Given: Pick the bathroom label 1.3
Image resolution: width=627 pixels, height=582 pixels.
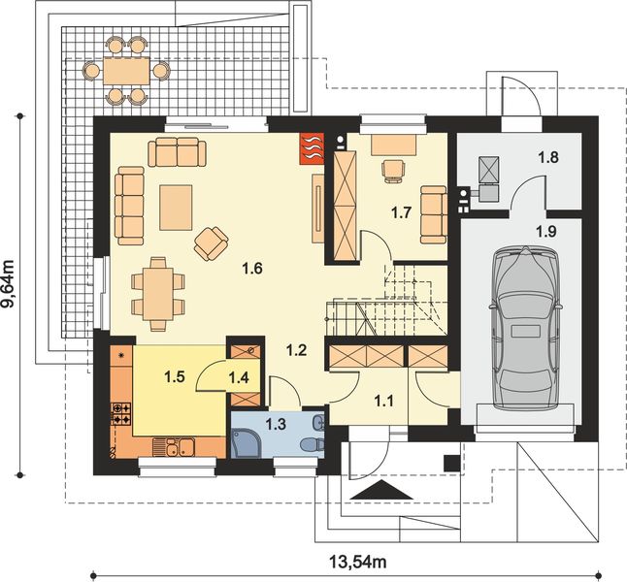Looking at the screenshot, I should [x=276, y=423].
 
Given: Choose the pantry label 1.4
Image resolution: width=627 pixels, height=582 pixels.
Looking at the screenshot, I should [x=239, y=379].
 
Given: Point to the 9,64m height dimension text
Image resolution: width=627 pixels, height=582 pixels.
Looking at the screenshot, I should [x=11, y=281].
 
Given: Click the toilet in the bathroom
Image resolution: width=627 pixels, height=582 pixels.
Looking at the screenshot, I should [x=311, y=442].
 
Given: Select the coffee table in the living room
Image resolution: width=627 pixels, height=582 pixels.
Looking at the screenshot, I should [x=177, y=206].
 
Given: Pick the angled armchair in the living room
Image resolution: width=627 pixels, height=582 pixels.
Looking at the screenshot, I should [x=211, y=242].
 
